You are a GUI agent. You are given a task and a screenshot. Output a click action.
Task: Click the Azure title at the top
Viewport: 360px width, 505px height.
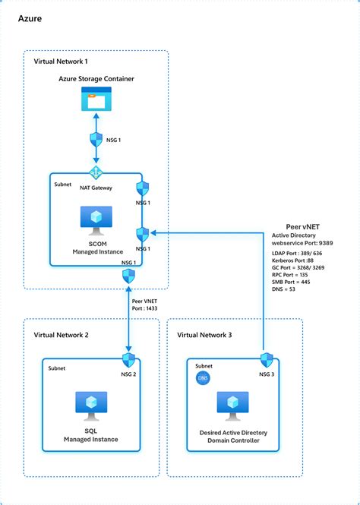coord(21,17)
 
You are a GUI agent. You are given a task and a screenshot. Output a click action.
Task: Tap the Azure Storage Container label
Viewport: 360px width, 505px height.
coord(96,79)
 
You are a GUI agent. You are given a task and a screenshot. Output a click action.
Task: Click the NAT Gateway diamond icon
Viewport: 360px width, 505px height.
coord(96,172)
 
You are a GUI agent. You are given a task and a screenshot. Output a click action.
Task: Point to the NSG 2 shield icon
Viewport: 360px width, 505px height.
coord(128,359)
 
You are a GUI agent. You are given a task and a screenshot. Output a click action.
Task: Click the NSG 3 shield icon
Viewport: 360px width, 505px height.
coord(266,359)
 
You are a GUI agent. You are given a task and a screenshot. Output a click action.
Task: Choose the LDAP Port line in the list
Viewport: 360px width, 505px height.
coord(302,253)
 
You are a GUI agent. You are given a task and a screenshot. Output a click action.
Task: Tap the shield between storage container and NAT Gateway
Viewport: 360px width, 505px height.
coord(96,139)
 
